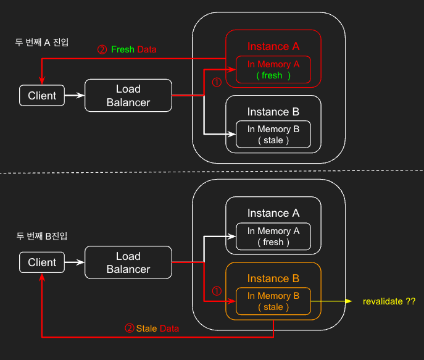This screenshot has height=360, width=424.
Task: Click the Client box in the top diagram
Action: click(x=42, y=96)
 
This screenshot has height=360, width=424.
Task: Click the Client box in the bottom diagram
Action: click(x=42, y=262)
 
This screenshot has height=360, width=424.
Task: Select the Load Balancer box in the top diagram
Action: click(x=128, y=96)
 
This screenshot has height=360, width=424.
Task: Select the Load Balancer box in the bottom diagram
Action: click(x=128, y=262)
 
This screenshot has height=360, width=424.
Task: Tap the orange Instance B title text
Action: click(x=273, y=278)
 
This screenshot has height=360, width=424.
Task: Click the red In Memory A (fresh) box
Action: click(x=273, y=70)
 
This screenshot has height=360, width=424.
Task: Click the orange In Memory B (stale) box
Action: click(x=273, y=301)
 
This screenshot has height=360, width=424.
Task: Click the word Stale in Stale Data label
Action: click(x=146, y=329)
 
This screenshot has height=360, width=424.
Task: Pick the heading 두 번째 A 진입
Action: click(x=42, y=43)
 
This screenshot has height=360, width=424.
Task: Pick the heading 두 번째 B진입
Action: click(x=42, y=237)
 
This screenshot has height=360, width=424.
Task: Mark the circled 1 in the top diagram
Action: click(x=216, y=82)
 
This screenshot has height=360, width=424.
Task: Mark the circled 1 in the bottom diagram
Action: click(x=216, y=290)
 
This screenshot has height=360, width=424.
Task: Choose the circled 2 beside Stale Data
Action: click(x=129, y=329)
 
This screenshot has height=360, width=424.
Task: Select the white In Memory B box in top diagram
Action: click(x=273, y=135)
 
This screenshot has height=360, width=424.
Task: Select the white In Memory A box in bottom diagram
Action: click(x=273, y=237)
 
